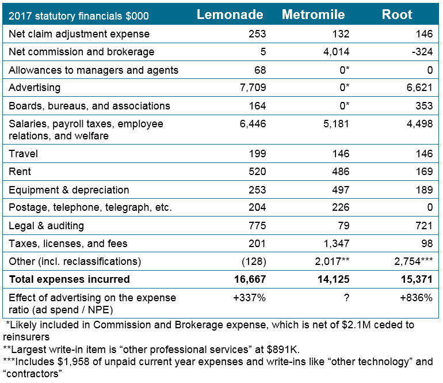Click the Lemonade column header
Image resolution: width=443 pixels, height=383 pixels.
(230, 15)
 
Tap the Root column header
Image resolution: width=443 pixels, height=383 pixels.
(398, 15)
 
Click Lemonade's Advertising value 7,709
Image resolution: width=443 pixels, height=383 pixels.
(252, 88)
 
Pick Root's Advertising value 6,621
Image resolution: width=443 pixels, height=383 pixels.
(419, 88)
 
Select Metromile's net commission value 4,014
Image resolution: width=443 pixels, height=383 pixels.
(335, 52)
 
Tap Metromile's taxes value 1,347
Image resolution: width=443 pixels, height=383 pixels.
(335, 244)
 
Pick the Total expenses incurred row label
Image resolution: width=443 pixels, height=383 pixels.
(69, 280)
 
